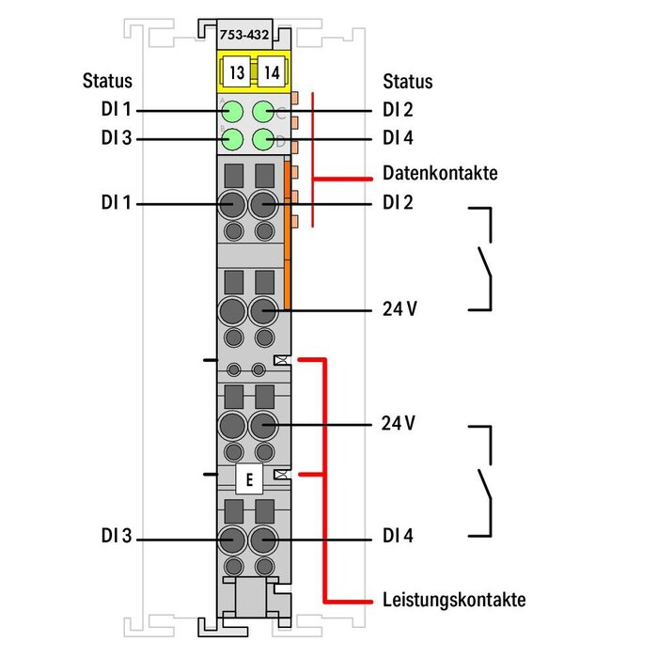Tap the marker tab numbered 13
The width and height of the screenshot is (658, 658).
237,71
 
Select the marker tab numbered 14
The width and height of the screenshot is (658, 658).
272,71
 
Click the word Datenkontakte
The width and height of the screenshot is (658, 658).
440,173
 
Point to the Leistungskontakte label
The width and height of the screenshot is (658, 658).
454,599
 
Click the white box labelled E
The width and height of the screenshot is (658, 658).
249,480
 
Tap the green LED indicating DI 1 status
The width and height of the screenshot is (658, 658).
231,111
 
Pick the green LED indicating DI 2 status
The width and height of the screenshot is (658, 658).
264,111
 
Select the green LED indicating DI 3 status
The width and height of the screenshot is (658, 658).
231,140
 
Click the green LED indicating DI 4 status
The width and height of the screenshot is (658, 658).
264,140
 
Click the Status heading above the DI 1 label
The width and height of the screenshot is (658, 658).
107,81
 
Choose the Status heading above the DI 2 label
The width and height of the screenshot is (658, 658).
408,81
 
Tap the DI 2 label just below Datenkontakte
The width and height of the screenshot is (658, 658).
399,201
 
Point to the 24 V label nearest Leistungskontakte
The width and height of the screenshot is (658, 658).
399,424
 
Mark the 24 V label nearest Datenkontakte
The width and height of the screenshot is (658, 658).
399,309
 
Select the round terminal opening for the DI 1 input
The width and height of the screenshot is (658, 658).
231,203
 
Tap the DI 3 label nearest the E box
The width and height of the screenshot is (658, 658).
117,539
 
